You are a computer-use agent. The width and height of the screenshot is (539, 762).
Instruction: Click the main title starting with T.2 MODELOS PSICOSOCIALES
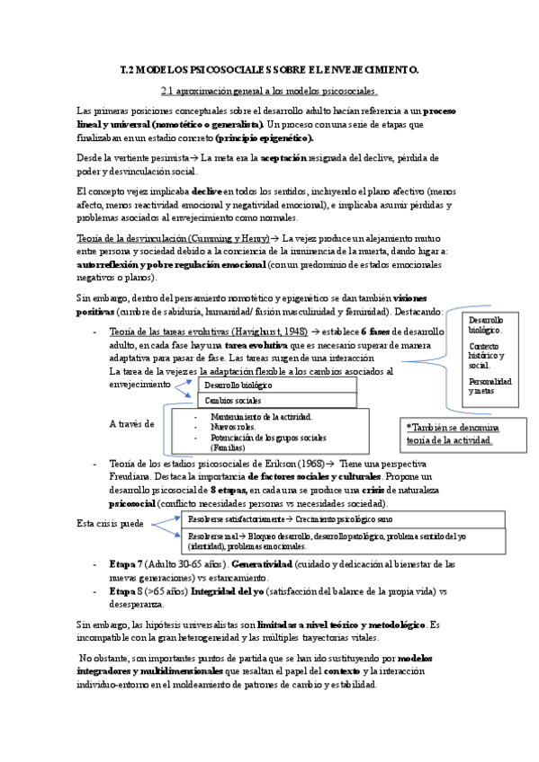tap(269, 69)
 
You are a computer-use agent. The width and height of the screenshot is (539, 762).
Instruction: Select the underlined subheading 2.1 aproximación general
tap(268, 91)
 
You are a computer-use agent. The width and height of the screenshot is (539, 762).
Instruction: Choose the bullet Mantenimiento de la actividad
tap(261, 417)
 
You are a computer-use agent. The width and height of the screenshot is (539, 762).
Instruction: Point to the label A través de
tap(131, 422)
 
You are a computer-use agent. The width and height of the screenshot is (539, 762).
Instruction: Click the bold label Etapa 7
tap(126, 563)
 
